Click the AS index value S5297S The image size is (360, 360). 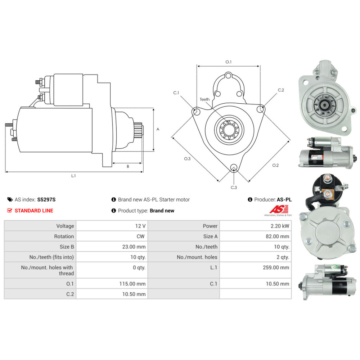point(46,199)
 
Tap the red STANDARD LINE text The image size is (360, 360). point(34,211)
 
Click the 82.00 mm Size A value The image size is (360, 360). point(277,237)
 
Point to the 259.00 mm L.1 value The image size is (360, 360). point(276,267)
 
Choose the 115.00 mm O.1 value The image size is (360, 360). point(132,284)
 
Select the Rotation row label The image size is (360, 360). point(64,237)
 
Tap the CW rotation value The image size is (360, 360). point(140,237)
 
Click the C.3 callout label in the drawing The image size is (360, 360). point(234,188)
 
